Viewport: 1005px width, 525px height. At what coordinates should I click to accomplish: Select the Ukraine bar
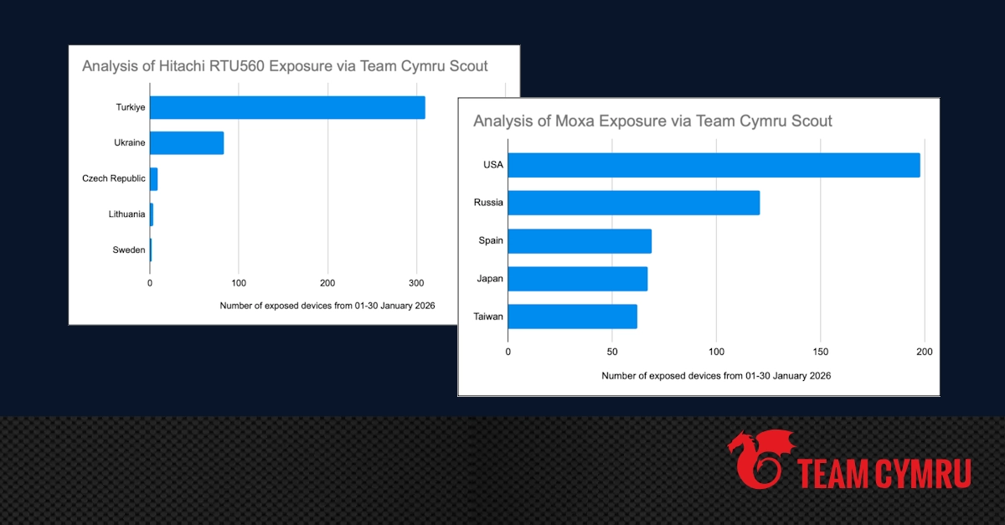click(187, 143)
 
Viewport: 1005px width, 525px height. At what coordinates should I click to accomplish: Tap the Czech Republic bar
click(153, 179)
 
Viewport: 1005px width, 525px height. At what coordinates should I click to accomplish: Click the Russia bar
click(633, 203)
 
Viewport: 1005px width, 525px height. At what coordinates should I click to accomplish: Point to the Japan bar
click(577, 279)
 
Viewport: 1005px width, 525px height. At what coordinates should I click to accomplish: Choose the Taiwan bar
click(572, 317)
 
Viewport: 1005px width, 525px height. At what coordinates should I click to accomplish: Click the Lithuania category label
click(126, 214)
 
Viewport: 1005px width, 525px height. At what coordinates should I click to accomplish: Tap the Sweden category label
click(129, 250)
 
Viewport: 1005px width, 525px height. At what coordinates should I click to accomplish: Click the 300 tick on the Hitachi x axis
click(416, 283)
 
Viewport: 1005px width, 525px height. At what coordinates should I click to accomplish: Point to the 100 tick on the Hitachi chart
click(239, 283)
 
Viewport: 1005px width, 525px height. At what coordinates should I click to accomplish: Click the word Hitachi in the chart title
click(183, 65)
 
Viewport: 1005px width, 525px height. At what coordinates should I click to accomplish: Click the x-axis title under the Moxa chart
click(716, 376)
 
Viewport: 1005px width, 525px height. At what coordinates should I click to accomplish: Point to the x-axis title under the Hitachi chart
click(327, 306)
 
